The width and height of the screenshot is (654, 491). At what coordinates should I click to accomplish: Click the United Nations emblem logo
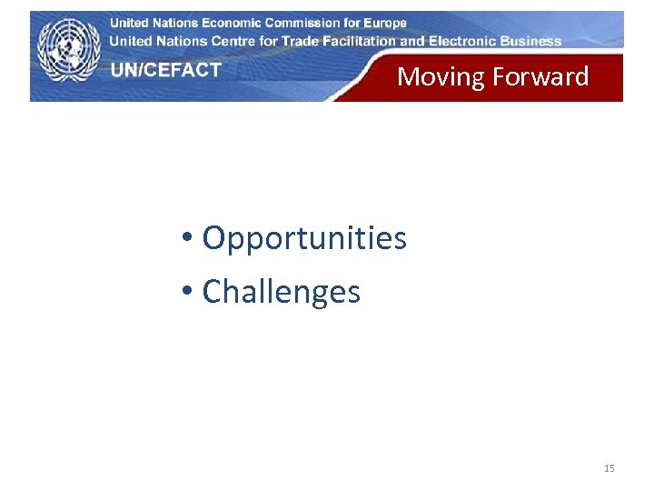(x=68, y=50)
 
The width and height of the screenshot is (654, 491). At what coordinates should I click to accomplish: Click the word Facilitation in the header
(x=361, y=41)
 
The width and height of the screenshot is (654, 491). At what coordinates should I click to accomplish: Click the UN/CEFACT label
(x=166, y=70)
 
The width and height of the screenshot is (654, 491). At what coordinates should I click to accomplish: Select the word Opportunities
(x=304, y=239)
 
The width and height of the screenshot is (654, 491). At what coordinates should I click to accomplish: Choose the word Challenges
(x=281, y=292)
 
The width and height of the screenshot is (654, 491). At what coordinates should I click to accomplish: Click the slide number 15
(x=609, y=468)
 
